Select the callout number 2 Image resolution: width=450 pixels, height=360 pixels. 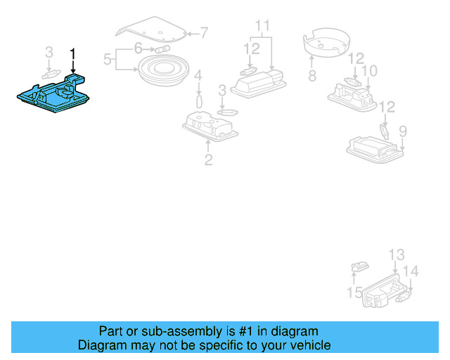(208, 160)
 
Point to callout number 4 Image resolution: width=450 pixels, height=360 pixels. (198, 76)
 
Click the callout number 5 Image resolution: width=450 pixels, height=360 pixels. (108, 60)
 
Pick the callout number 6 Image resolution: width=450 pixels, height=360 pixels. (139, 49)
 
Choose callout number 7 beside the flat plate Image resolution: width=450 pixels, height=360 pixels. (204, 32)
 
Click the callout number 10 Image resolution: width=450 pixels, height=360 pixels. (368, 71)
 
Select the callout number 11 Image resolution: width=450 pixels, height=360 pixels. (262, 27)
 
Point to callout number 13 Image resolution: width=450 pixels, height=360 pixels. (397, 255)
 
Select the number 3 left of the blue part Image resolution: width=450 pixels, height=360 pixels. (49, 53)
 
